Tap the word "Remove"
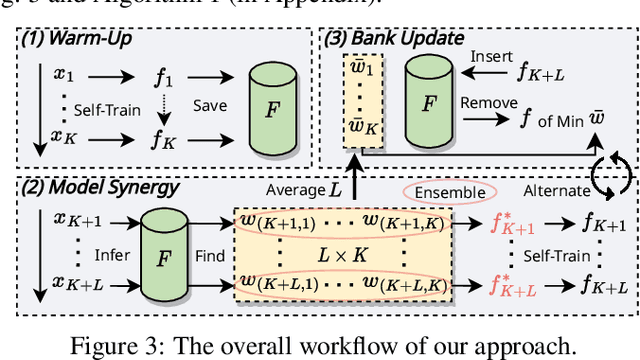[x=489, y=102]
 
